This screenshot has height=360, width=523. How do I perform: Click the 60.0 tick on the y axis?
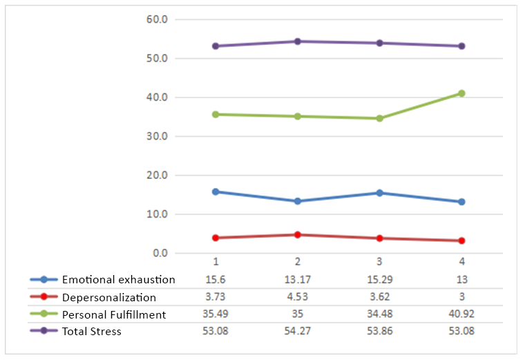pyautogui.click(x=157, y=19)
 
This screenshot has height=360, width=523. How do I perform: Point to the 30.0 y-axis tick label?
pyautogui.click(x=157, y=136)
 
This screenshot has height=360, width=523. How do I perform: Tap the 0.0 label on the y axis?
pyautogui.click(x=159, y=254)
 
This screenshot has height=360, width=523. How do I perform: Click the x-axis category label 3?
pyautogui.click(x=379, y=263)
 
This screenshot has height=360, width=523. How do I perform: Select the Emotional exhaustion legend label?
pyautogui.click(x=118, y=280)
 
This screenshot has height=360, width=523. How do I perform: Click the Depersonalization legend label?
pyautogui.click(x=108, y=297)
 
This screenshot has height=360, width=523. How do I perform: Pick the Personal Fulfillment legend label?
pyautogui.click(x=114, y=314)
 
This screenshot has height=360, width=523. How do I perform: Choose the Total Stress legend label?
pyautogui.click(x=91, y=332)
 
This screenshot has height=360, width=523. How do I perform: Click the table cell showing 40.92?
pyautogui.click(x=462, y=314)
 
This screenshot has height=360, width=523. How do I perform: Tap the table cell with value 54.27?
pyautogui.click(x=298, y=332)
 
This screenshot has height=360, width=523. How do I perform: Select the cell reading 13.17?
pyautogui.click(x=298, y=280)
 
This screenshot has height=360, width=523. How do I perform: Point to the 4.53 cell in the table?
pyautogui.click(x=298, y=297)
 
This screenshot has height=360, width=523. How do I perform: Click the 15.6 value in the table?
pyautogui.click(x=216, y=280)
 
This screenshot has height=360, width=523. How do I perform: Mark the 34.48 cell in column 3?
pyautogui.click(x=379, y=314)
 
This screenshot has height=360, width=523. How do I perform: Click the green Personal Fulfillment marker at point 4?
pyautogui.click(x=462, y=93)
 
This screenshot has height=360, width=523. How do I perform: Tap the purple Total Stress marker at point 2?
pyautogui.click(x=298, y=41)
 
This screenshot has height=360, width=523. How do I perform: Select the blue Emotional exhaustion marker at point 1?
pyautogui.click(x=216, y=191)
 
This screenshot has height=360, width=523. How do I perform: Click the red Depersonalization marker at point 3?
pyautogui.click(x=379, y=238)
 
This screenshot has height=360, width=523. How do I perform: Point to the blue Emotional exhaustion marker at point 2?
pyautogui.click(x=298, y=201)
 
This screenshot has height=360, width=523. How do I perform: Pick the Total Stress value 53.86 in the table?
pyautogui.click(x=379, y=332)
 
